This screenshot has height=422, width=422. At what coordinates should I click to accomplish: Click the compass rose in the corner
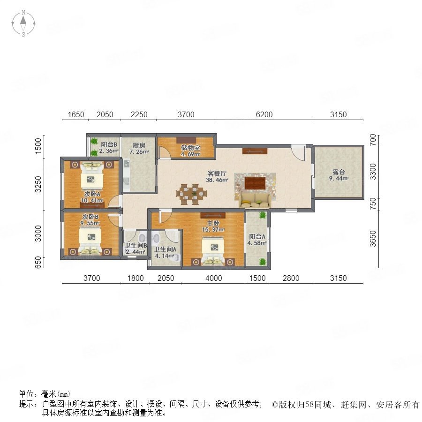(x=23, y=23)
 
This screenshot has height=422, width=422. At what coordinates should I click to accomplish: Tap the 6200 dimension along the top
(x=264, y=114)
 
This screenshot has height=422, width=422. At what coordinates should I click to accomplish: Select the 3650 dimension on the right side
(x=372, y=239)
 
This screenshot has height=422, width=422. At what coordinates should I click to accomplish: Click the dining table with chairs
(x=192, y=194)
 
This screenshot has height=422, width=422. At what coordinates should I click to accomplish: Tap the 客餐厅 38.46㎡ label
(x=217, y=177)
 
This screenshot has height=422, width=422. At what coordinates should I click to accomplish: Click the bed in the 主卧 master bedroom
(x=213, y=250)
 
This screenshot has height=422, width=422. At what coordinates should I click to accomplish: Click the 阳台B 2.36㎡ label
(x=109, y=148)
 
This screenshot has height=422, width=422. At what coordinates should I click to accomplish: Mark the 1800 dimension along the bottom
(x=135, y=278)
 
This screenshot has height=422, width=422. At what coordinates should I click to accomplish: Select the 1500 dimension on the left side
(x=38, y=146)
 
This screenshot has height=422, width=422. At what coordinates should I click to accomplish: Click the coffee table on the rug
(x=255, y=183)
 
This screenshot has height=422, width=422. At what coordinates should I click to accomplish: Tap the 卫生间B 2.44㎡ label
(x=136, y=249)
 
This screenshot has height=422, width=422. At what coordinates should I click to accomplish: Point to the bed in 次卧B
(x=90, y=241)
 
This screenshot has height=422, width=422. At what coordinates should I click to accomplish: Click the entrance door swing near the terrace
(x=299, y=153)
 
